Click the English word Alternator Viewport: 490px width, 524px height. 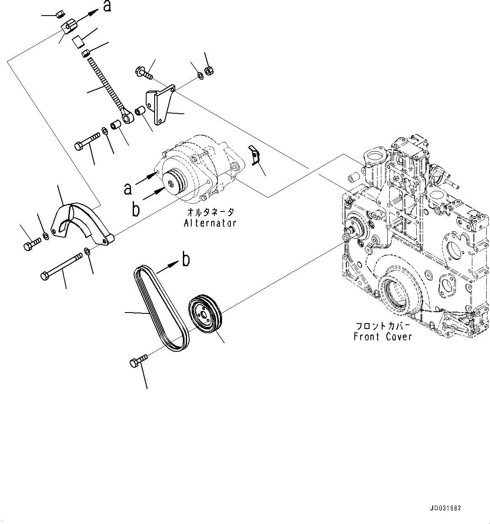(210, 223)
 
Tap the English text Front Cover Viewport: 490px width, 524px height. (383, 337)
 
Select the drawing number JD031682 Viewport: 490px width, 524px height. (445, 508)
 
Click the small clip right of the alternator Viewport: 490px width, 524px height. (253, 154)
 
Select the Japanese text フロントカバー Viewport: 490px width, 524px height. (383, 326)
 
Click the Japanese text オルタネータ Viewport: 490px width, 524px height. (210, 212)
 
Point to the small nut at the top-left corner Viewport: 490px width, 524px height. (59, 15)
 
